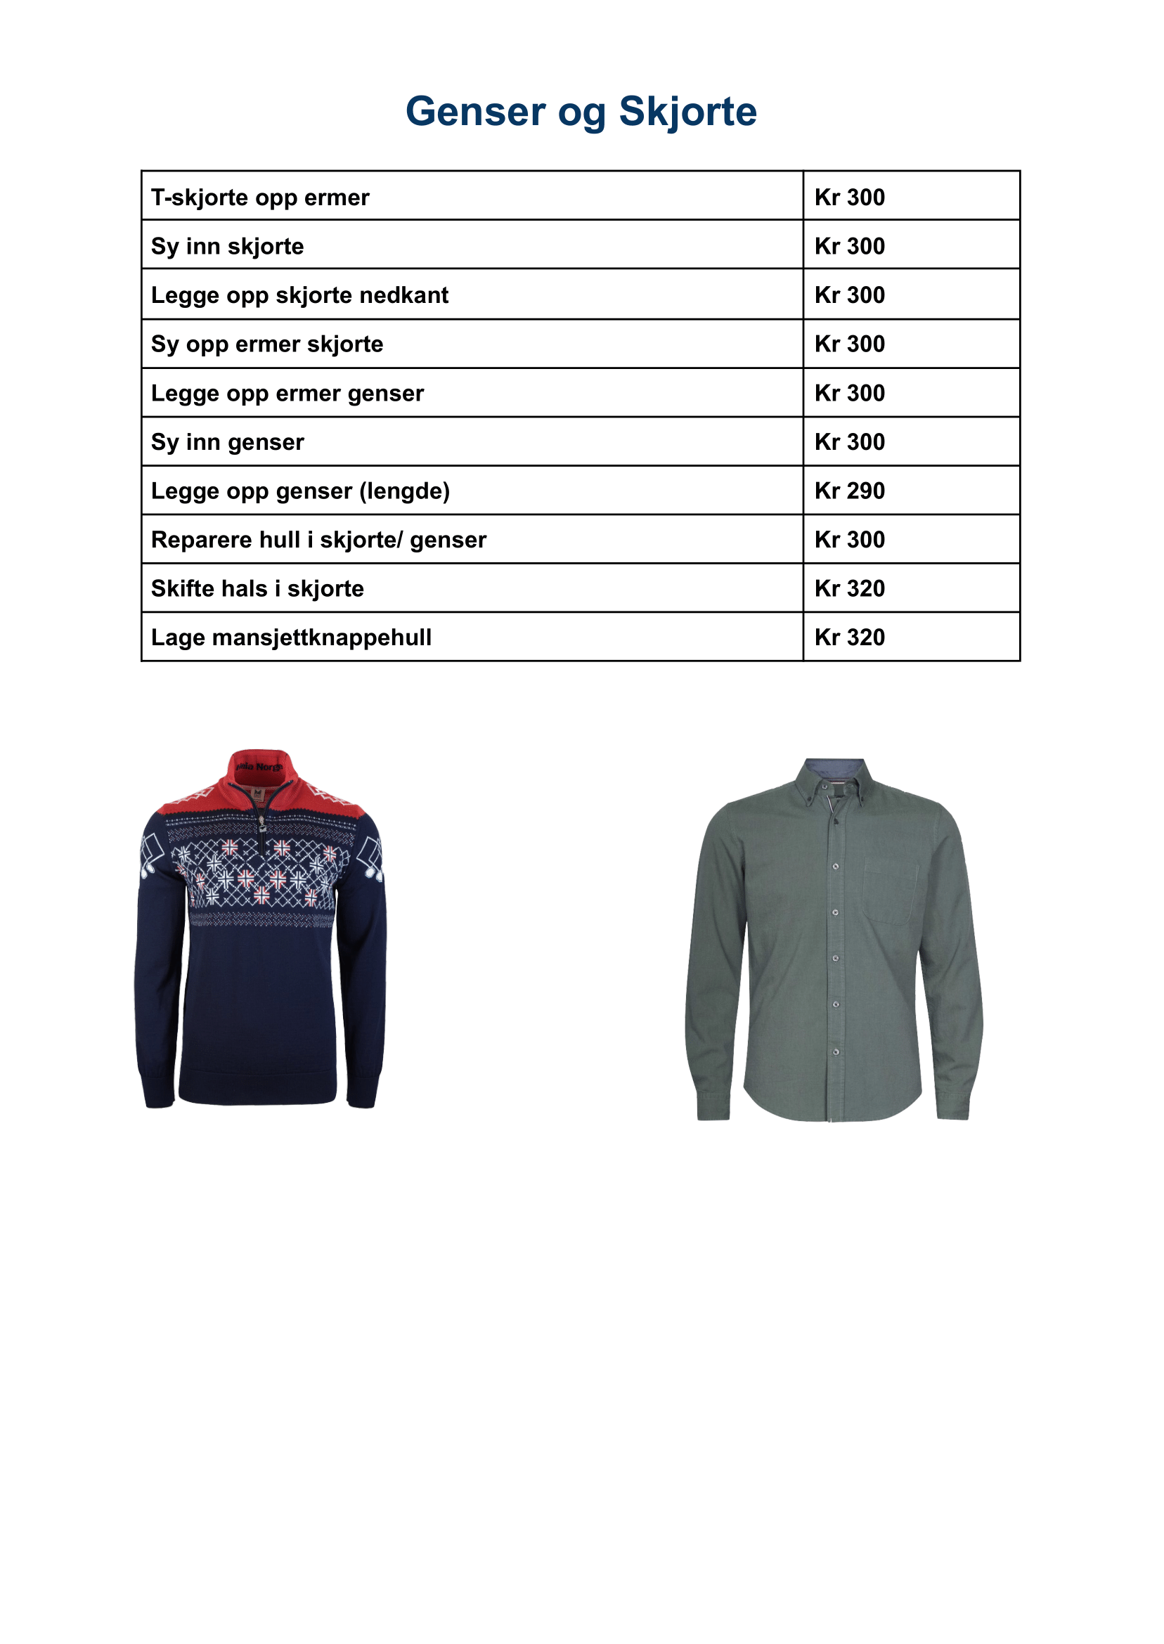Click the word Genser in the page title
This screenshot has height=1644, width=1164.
[475, 112]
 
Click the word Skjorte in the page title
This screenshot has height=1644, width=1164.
[687, 112]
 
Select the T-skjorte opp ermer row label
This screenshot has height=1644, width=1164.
[260, 197]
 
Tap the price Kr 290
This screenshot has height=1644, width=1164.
[849, 491]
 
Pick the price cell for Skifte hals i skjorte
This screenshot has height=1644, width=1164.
[849, 588]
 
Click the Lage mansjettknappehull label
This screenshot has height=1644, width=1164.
[291, 637]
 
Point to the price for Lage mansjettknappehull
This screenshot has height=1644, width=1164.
[849, 637]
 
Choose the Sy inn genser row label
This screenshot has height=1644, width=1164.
[227, 442]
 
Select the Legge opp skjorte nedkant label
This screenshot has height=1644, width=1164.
[299, 295]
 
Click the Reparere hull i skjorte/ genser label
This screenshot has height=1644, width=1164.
[318, 540]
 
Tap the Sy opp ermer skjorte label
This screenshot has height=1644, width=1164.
[266, 344]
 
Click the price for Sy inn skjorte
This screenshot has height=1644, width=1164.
[849, 247]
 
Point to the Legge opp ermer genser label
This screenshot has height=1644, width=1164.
[287, 394]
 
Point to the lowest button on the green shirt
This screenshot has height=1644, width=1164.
[836, 1052]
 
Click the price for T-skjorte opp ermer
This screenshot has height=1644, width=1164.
[849, 197]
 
